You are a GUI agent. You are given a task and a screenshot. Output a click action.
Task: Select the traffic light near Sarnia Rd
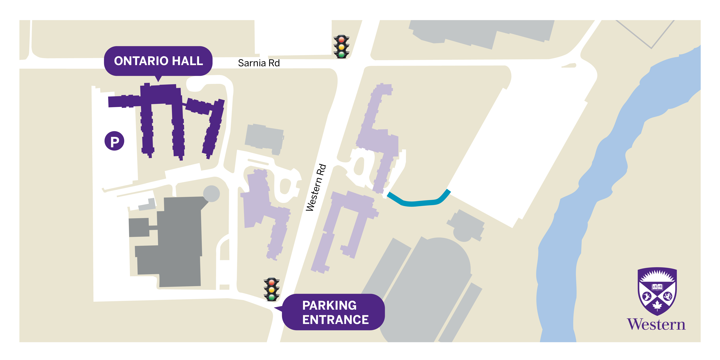(341, 47)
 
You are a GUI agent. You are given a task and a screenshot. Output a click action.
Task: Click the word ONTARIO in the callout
(137, 61)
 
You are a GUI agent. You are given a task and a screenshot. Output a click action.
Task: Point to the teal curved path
(419, 203)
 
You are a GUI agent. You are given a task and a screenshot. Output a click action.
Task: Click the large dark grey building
(179, 243)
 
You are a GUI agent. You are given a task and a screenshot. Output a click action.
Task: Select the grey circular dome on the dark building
(211, 193)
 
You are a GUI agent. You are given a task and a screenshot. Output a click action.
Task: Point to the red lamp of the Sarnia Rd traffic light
(341, 40)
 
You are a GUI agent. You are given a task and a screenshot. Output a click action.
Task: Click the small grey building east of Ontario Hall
(264, 138)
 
